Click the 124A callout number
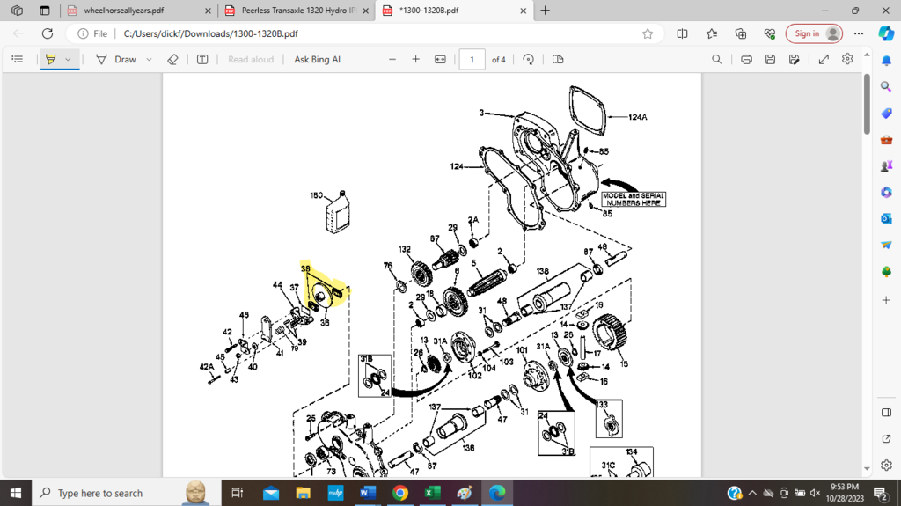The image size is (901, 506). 638,116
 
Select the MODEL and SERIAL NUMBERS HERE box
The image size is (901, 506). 633,199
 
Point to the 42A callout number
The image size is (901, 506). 206,366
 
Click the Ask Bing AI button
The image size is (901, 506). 317,59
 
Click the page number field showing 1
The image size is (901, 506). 472,59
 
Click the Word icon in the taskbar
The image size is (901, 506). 367,493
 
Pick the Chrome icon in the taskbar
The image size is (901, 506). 400,493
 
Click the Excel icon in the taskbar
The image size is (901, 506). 432,493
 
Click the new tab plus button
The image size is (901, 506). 546,11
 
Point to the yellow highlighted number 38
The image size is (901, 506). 305,268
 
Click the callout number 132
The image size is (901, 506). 405,249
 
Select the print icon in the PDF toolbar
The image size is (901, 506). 746,59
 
